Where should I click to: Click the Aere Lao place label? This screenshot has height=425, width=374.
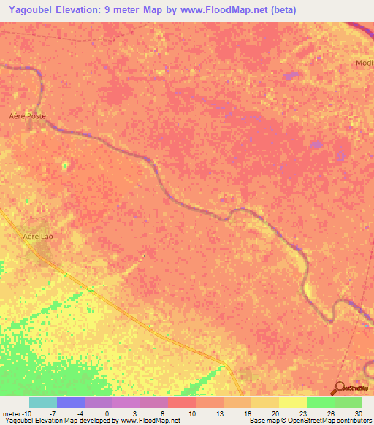[x=38, y=237]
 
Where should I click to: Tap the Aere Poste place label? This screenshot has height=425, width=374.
[x=27, y=116]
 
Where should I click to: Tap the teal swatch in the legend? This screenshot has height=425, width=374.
[x=42, y=402]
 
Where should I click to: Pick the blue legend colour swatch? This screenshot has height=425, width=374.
[x=70, y=402]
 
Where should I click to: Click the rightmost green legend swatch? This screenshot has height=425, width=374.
[x=348, y=402]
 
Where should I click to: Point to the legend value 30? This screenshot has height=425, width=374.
[x=357, y=413]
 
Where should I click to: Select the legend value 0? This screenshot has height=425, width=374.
[x=107, y=413]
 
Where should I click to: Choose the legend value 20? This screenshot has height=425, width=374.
[x=274, y=413]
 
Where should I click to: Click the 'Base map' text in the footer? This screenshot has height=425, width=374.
[x=263, y=421]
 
